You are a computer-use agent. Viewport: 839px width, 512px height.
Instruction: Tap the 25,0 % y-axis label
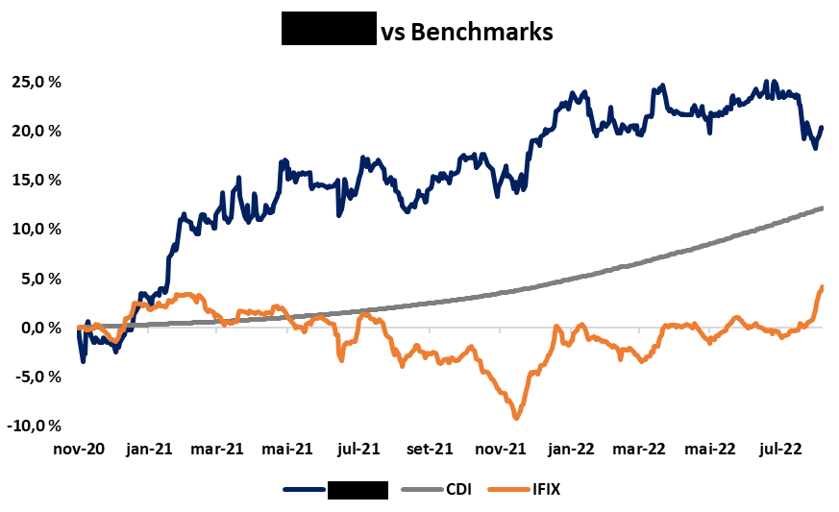click(37, 82)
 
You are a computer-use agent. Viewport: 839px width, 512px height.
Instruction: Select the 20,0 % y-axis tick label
click(37, 131)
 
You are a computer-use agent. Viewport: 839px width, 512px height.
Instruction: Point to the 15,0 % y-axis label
click(37, 180)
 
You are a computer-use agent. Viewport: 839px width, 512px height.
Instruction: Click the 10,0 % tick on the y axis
click(37, 229)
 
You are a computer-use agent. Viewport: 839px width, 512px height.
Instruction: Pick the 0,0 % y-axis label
click(39, 328)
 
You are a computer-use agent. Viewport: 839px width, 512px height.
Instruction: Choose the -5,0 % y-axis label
click(37, 377)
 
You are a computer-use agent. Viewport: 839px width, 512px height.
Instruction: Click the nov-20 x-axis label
click(79, 449)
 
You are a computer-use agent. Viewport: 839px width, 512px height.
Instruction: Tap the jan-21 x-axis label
click(150, 449)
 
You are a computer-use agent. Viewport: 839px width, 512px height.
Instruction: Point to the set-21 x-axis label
click(430, 449)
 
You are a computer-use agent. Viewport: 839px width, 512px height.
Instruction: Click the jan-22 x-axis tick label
click(571, 449)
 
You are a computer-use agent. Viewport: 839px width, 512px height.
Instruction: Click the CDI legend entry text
click(459, 490)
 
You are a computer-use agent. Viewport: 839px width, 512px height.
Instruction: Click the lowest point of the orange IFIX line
click(516, 418)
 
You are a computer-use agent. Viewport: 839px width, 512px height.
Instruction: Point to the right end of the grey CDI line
click(821, 207)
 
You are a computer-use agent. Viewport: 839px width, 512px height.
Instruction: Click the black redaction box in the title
click(328, 31)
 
